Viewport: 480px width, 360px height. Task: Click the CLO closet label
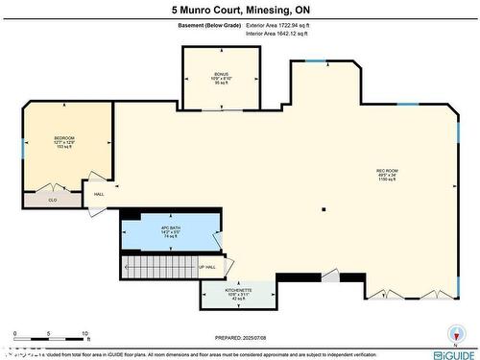(x=53, y=201)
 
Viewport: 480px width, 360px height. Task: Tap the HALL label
(x=99, y=195)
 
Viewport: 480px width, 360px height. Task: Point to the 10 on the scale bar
(x=85, y=333)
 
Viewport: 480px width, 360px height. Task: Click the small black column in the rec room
(x=324, y=209)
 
